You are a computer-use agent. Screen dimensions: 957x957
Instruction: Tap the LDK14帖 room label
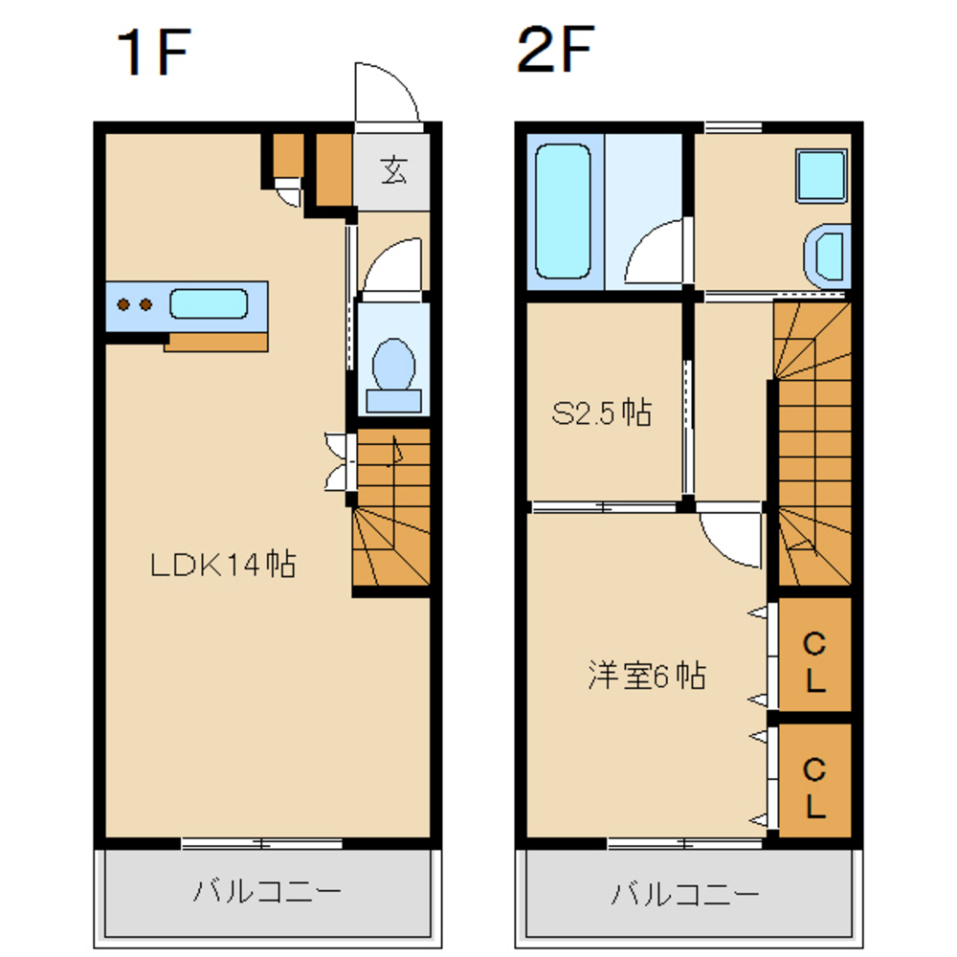[x=222, y=565]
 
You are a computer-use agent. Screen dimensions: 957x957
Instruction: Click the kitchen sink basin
[x=209, y=305]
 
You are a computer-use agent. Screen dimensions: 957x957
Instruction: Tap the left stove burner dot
[x=123, y=305]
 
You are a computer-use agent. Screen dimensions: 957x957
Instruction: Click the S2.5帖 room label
[x=602, y=413]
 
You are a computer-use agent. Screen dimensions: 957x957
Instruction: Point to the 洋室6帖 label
[x=647, y=676]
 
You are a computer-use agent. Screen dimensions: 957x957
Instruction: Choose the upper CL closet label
[x=813, y=660]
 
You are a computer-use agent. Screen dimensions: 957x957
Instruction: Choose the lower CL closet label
[x=813, y=788]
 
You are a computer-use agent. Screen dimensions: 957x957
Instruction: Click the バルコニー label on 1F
[x=267, y=893]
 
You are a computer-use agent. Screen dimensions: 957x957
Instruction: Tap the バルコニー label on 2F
[x=685, y=895]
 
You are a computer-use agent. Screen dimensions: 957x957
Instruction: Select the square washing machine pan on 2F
[x=821, y=175]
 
